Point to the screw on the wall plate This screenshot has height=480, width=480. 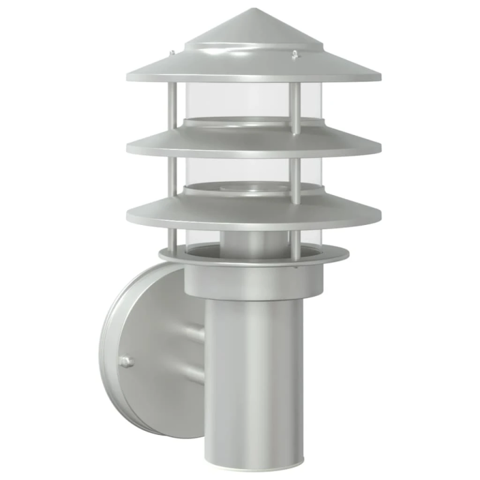point(126,361)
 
